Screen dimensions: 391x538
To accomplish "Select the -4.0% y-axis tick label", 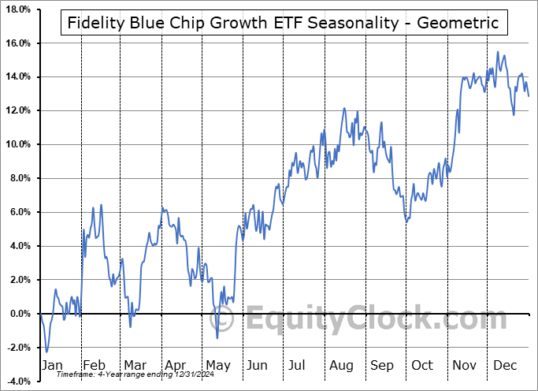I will [17, 382].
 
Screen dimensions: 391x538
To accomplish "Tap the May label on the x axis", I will [217, 365].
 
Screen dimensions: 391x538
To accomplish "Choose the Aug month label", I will [341, 365].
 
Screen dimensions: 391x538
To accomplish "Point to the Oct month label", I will [423, 365].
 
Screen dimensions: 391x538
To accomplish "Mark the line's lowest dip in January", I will [46, 352].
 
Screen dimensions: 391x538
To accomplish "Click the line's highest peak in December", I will [498, 52].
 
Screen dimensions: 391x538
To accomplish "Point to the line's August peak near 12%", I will [344, 109].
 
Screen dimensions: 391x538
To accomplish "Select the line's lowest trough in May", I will [217, 338].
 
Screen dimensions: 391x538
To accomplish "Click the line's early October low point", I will [406, 222].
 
